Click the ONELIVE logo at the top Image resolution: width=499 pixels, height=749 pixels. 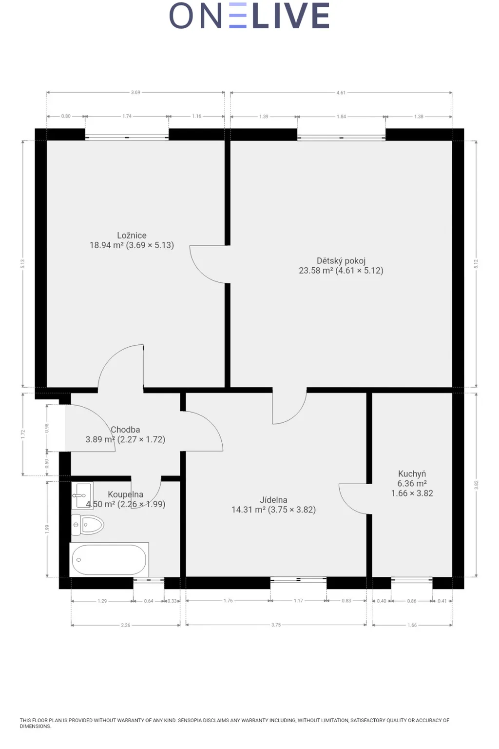click(x=249, y=16)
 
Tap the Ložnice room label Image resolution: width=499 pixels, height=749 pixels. click(x=132, y=236)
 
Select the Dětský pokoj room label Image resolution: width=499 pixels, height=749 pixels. click(x=341, y=261)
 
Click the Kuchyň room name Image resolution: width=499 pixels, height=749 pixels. click(x=412, y=474)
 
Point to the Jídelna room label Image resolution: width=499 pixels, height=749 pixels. click(x=273, y=500)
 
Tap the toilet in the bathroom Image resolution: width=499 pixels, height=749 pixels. click(x=88, y=525)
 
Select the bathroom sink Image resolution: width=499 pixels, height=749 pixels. click(x=82, y=495)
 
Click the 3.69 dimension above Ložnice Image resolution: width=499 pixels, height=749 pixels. click(x=135, y=92)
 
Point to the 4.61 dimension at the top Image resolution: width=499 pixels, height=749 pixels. click(x=341, y=93)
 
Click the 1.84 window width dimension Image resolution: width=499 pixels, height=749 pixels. click(x=341, y=117)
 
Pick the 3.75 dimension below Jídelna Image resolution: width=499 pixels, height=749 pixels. click(x=276, y=625)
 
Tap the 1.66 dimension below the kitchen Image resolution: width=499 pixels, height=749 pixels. click(x=412, y=625)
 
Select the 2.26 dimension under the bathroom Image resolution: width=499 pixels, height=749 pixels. click(x=126, y=625)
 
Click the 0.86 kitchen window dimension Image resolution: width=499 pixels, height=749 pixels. click(x=412, y=601)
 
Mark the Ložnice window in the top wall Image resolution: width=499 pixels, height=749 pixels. click(x=127, y=138)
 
